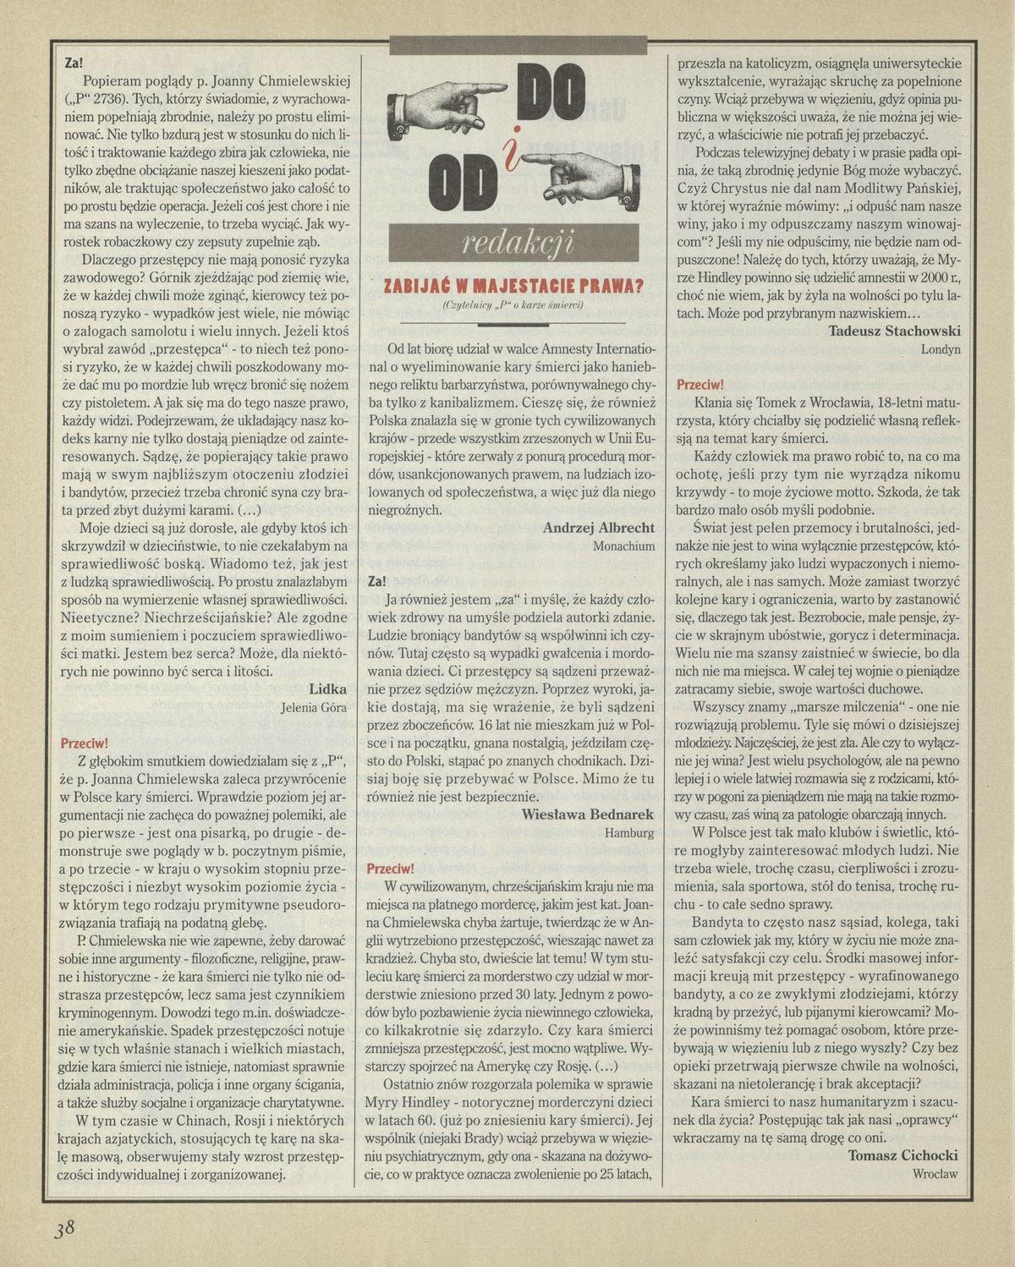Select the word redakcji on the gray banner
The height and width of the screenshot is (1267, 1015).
click(519, 243)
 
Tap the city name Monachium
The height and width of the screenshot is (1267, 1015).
click(623, 546)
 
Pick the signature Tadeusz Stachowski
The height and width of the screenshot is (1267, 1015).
click(895, 330)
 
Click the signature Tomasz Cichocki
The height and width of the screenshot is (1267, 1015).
click(902, 1156)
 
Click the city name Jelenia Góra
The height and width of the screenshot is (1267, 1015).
click(314, 709)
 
